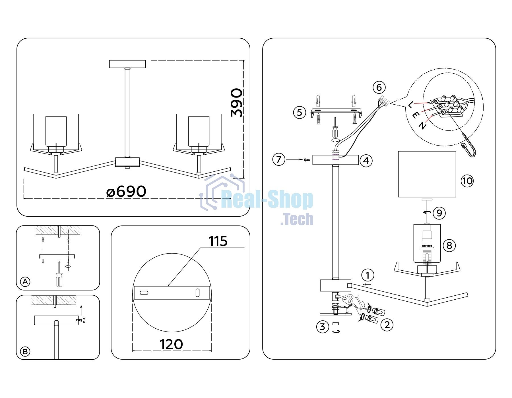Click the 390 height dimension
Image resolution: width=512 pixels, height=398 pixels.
click(237, 103)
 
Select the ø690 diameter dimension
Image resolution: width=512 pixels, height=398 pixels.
click(126, 191)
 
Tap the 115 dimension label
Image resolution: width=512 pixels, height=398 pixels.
click(218, 241)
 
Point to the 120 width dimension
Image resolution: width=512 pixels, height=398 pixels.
click(171, 344)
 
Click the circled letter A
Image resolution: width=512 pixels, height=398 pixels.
click(25, 282)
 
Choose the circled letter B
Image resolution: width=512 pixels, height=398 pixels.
click(25, 352)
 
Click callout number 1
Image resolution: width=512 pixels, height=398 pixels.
click(368, 275)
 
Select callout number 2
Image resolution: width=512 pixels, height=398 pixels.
click(387, 325)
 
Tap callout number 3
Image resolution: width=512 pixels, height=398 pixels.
click(323, 327)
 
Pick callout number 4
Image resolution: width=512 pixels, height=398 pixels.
click(366, 161)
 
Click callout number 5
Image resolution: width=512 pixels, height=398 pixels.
click(300, 113)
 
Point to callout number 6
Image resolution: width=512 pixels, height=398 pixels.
click(379, 87)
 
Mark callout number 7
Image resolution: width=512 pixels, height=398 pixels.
click(279, 159)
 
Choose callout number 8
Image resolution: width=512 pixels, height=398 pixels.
click(449, 245)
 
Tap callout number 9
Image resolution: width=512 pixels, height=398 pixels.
click(439, 213)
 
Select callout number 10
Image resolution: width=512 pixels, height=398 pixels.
click(467, 181)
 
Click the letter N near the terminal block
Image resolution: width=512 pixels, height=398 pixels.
click(422, 125)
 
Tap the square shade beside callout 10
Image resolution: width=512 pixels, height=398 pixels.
click(427, 174)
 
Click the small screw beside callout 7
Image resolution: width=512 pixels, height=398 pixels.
click(307, 160)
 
